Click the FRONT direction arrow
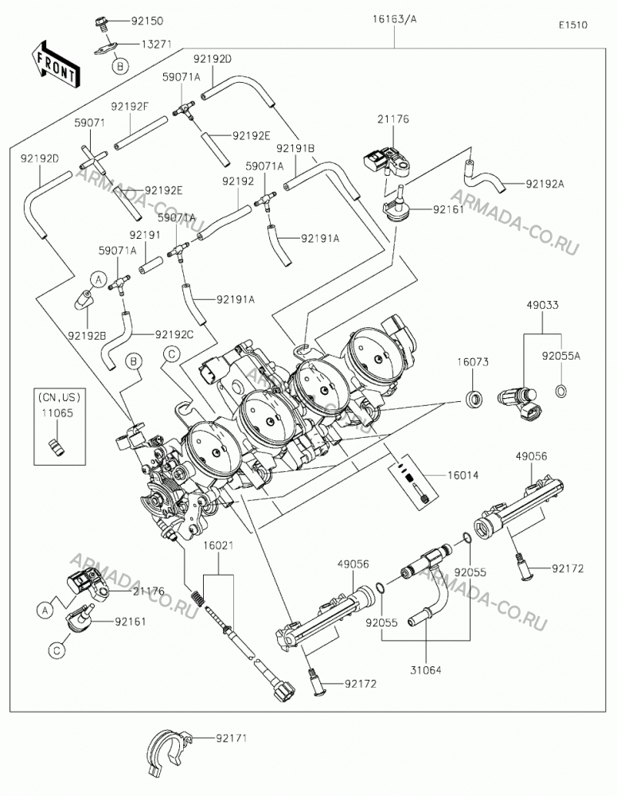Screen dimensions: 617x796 tap(55, 63)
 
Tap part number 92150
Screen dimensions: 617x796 tap(147, 21)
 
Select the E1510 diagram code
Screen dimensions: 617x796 tap(573, 25)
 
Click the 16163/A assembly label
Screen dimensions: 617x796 tap(394, 19)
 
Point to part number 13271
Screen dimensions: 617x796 tap(156, 44)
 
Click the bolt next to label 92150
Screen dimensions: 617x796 tap(100, 22)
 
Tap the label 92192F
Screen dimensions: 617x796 tap(130, 107)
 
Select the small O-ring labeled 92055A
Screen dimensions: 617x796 tap(561, 391)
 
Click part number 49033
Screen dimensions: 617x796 tap(542, 305)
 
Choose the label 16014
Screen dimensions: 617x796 tap(463, 476)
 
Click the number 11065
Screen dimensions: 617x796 tap(57, 413)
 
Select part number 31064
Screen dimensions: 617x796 tap(426, 670)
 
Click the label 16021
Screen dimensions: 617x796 tap(218, 546)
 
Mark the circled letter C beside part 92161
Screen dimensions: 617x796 tap(57, 650)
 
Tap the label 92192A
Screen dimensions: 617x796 tap(545, 185)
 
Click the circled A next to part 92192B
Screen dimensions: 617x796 tap(99, 279)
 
